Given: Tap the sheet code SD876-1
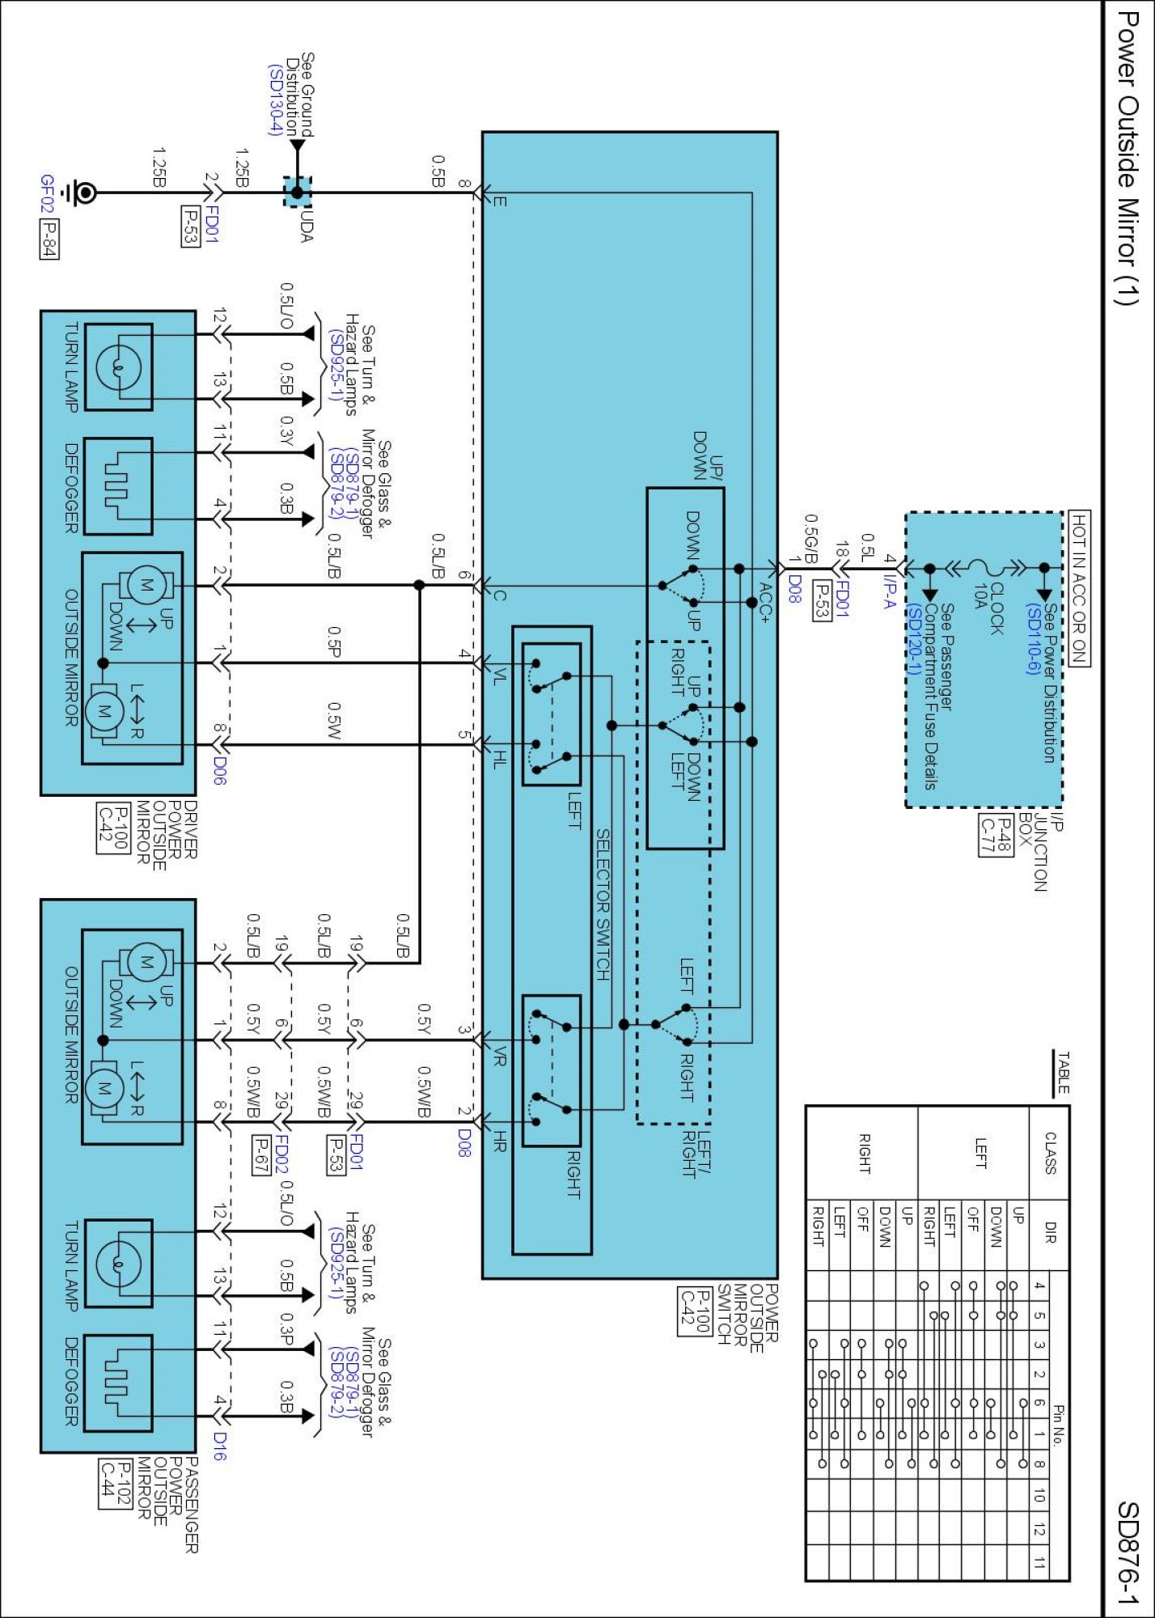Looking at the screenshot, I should pos(1127,1552).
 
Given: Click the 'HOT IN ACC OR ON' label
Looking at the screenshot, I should pos(1079,588).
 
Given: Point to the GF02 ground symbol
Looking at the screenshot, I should pos(83,193).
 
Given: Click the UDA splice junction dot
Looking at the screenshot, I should pos(297,193).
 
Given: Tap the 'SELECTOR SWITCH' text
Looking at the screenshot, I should pos(603,904).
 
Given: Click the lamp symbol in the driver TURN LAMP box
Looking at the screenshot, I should pos(118,367).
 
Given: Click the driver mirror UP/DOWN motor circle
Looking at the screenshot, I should pos(146,584).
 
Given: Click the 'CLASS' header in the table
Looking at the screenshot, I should pos(1050,1153).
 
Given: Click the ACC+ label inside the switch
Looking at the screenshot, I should pos(764,603).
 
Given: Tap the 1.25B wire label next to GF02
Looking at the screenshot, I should pos(158,167).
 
